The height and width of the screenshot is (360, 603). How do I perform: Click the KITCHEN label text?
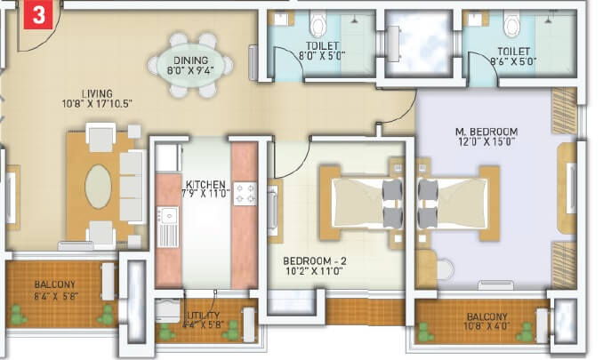[x=205, y=186]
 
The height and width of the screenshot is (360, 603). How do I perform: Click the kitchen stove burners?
[x=245, y=193]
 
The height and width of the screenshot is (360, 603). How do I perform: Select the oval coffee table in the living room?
[x=100, y=186]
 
